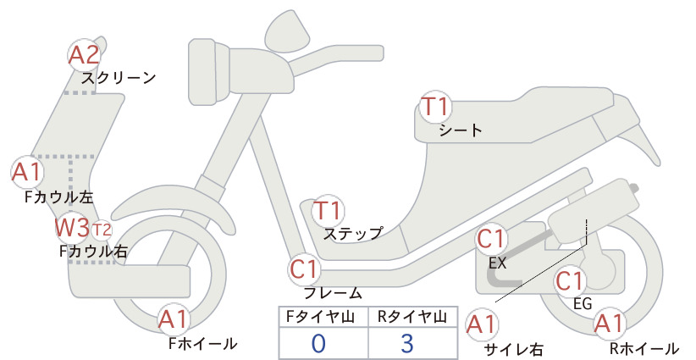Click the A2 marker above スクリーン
click(85, 55)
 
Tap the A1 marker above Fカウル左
click(27, 172)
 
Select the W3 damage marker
click(72, 228)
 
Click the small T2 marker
click(102, 230)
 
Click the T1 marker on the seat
click(435, 107)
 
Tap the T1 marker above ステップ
click(328, 210)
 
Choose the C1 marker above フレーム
click(305, 269)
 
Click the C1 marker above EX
click(491, 239)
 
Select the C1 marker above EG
click(570, 281)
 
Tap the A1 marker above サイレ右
click(482, 324)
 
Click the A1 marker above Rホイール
click(610, 324)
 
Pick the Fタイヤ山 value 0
click(318, 343)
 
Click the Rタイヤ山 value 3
click(407, 343)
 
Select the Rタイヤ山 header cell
click(413, 317)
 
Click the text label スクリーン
click(119, 78)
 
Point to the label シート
click(461, 130)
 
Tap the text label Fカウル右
click(94, 252)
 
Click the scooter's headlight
click(209, 72)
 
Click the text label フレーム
click(333, 293)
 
